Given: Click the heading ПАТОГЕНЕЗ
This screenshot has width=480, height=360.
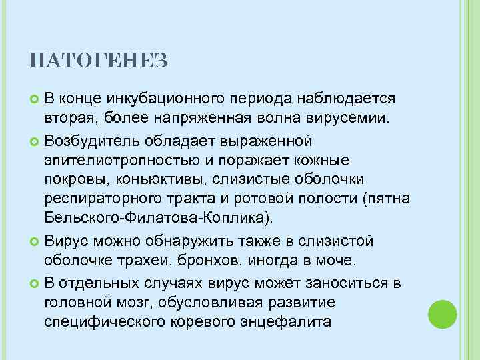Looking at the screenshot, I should [99, 62].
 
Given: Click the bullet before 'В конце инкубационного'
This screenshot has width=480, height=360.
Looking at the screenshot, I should [35, 99].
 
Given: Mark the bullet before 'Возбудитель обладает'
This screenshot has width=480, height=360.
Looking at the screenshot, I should [35, 142].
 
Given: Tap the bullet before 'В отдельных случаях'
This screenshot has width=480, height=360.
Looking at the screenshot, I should [35, 284].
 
